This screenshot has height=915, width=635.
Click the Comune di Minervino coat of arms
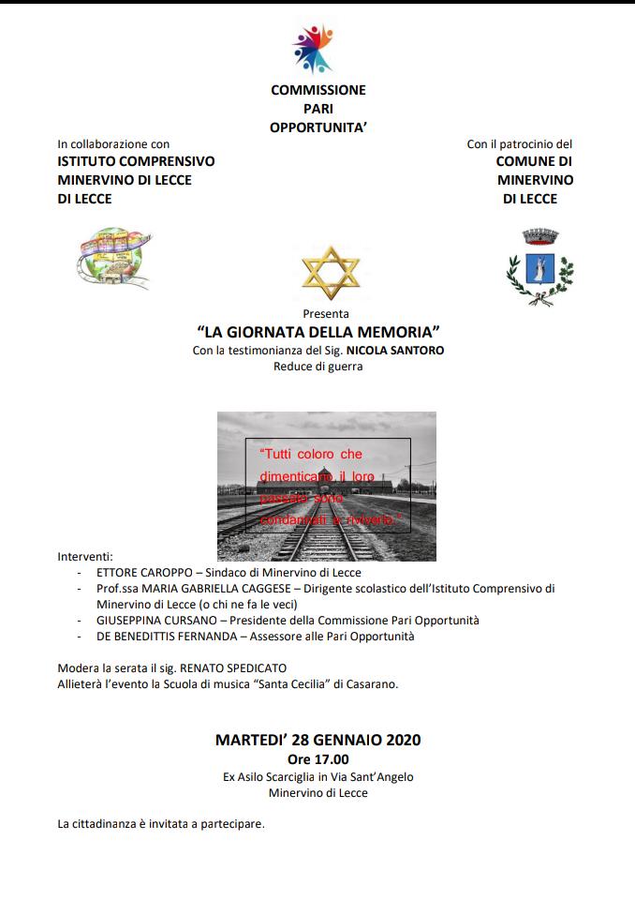(x=539, y=266)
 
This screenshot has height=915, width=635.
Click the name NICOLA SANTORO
(x=394, y=350)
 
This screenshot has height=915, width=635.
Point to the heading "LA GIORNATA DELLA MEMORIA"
(x=318, y=332)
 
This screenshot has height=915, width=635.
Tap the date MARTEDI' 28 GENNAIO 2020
(x=317, y=740)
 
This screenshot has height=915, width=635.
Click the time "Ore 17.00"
(x=317, y=758)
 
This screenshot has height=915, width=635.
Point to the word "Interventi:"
(x=85, y=555)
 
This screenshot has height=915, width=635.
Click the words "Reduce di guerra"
(x=317, y=367)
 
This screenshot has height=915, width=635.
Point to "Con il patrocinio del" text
(x=519, y=144)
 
